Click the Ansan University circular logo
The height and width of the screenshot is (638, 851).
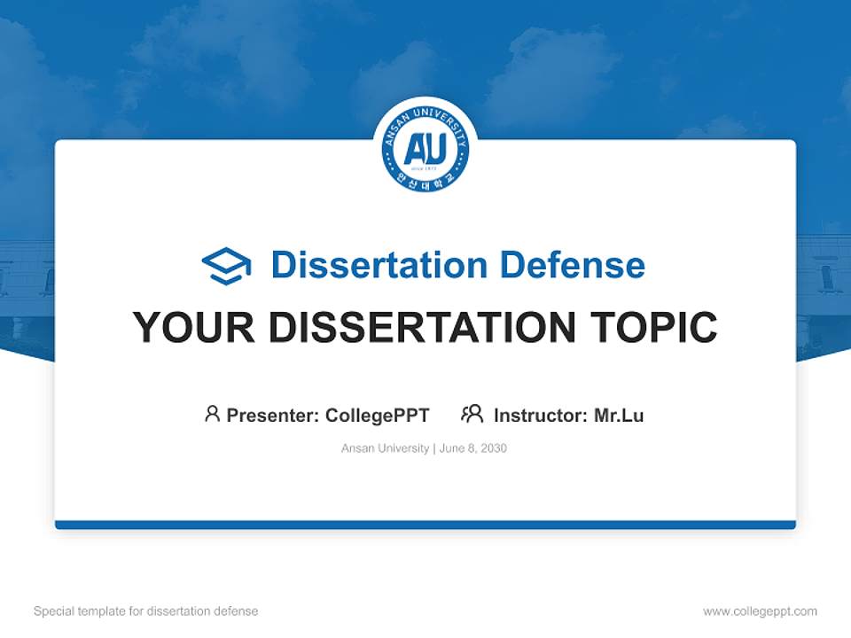(425, 148)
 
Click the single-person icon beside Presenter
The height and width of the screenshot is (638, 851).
(212, 414)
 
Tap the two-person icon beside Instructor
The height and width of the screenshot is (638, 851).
(472, 414)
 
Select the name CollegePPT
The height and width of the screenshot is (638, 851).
(378, 416)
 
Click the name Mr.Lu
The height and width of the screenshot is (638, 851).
(619, 416)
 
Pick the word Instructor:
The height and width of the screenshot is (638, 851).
(541, 416)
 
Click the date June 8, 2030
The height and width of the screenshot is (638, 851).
(473, 448)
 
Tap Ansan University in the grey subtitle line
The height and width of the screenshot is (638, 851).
(385, 448)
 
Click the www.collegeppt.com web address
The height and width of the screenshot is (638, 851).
(760, 611)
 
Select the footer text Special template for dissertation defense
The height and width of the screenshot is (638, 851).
(146, 611)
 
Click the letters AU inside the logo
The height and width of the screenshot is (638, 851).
(425, 150)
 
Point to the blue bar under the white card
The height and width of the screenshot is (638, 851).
(425, 525)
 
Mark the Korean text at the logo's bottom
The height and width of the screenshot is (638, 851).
(425, 180)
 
